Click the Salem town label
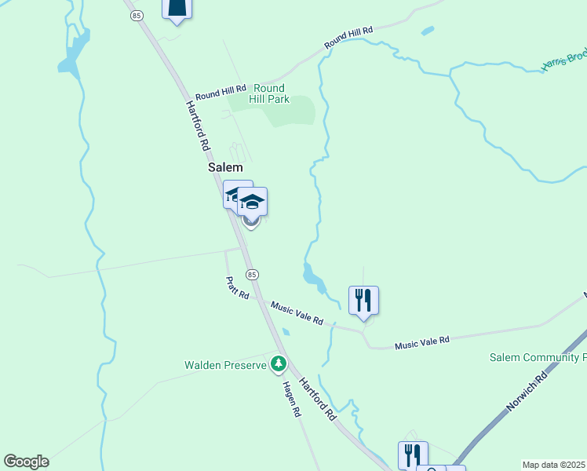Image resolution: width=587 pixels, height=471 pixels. (x=225, y=167)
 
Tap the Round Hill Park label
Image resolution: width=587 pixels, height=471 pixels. (x=269, y=93)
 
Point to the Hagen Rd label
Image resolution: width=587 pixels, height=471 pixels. (x=290, y=398)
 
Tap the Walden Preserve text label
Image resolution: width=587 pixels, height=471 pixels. (x=226, y=365)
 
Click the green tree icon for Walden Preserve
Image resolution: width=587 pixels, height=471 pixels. (x=278, y=364)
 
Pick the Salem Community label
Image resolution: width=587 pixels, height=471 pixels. (x=537, y=357)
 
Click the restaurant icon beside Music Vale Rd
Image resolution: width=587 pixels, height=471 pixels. (x=363, y=301)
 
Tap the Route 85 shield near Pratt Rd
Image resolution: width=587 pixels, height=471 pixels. (x=251, y=274)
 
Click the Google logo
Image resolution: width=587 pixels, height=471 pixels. (x=26, y=462)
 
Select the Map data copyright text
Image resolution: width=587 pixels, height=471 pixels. (x=554, y=465)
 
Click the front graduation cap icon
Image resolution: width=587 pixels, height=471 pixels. (x=252, y=203)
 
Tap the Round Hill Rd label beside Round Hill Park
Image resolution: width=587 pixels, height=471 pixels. (x=221, y=92)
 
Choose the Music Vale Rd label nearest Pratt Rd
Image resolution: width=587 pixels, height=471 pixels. (x=297, y=312)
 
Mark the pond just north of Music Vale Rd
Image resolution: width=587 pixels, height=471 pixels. (x=313, y=276)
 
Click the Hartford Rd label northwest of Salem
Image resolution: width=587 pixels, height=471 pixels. (x=199, y=126)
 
